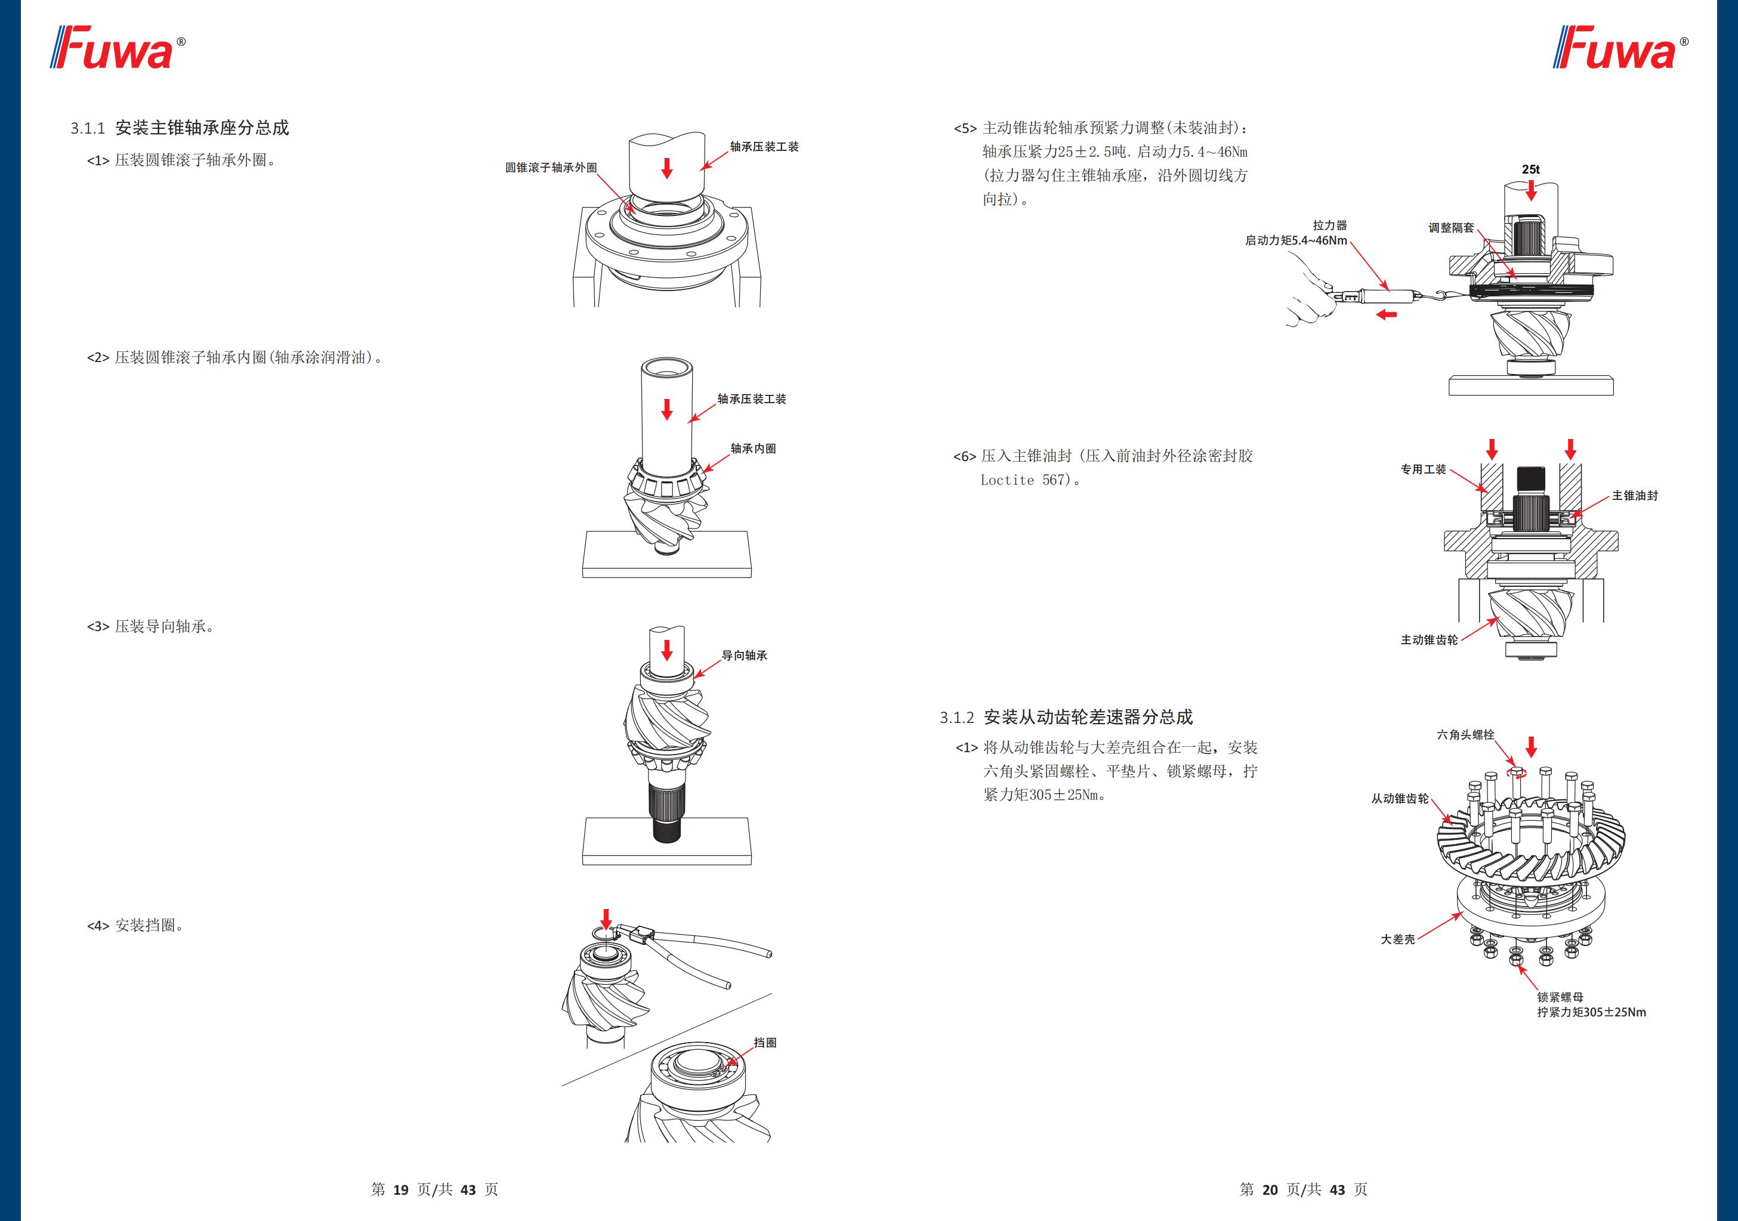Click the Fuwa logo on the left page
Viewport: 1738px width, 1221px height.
click(x=118, y=48)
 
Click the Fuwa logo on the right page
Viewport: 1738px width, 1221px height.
click(x=1619, y=48)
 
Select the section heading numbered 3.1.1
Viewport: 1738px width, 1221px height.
click(x=180, y=128)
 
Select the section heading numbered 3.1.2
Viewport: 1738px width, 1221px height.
click(x=1066, y=717)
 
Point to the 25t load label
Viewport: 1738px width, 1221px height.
click(x=1530, y=169)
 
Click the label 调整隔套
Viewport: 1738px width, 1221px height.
click(x=1450, y=228)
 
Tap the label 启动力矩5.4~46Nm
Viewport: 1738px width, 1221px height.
click(x=1296, y=241)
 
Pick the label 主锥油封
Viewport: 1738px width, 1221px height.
click(x=1634, y=495)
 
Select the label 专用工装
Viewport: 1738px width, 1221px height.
click(x=1423, y=469)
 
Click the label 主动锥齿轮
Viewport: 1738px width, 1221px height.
click(x=1428, y=639)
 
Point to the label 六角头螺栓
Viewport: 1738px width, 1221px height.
click(x=1465, y=734)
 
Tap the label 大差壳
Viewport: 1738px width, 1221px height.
click(x=1397, y=939)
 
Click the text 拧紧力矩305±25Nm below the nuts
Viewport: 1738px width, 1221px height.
click(x=1591, y=1012)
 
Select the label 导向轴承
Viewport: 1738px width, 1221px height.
click(x=744, y=656)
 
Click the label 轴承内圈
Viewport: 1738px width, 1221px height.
click(x=752, y=448)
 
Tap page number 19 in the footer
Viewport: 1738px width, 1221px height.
click(x=400, y=1189)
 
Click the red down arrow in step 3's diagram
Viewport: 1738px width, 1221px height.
click(x=667, y=650)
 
